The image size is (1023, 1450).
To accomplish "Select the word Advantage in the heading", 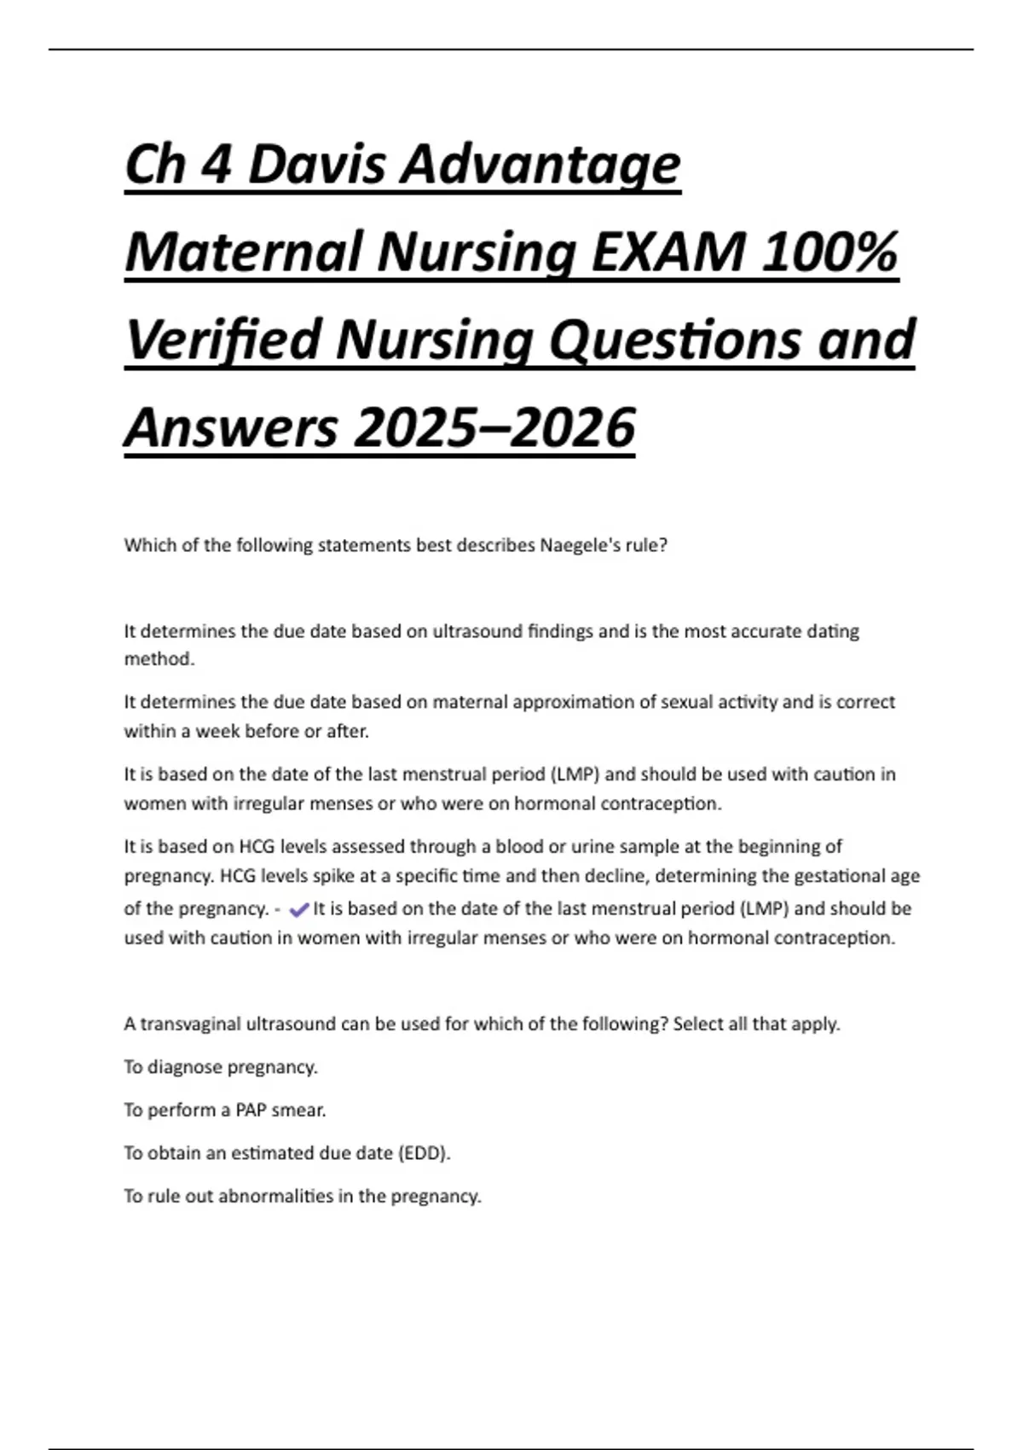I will click(x=540, y=165).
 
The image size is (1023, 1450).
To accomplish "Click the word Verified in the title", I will click(x=223, y=339).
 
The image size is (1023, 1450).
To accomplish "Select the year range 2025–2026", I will click(x=494, y=427).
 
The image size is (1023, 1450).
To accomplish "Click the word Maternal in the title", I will click(x=245, y=252).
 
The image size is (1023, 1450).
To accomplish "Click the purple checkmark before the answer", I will click(x=299, y=910).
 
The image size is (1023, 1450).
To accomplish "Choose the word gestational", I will click(x=839, y=876).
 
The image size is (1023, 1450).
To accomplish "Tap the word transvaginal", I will click(x=190, y=1024).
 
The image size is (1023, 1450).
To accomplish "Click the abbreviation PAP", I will click(x=251, y=1110).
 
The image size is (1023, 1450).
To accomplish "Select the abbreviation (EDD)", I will click(x=424, y=1153).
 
